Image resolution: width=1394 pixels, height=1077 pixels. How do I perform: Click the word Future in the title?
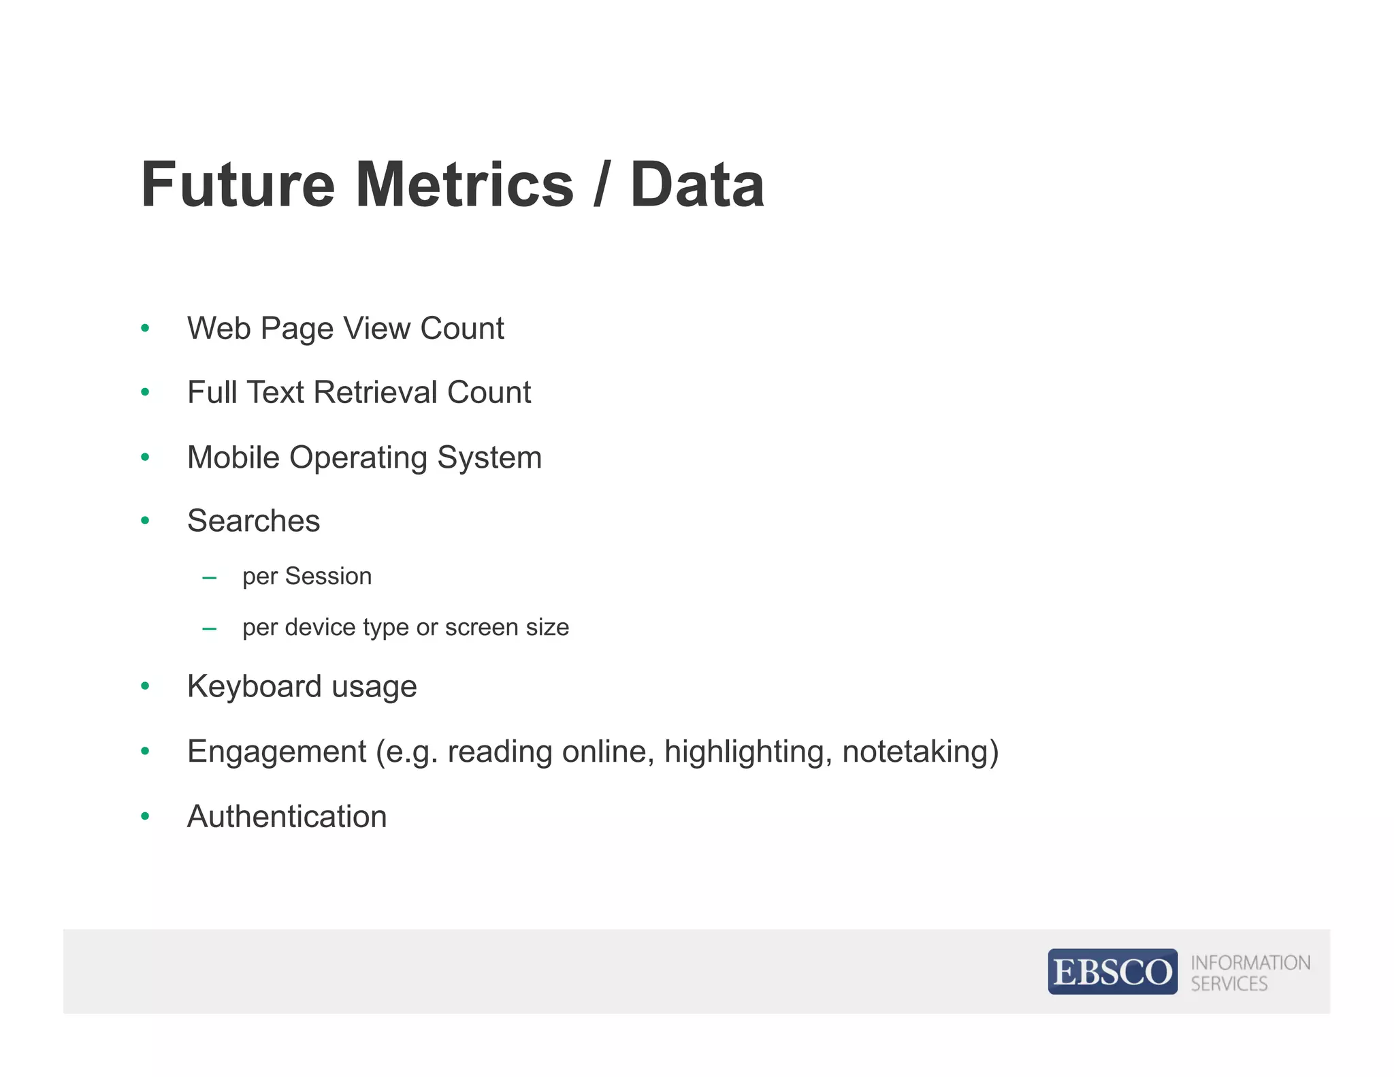[238, 184]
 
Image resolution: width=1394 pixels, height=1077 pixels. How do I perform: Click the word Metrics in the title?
[465, 184]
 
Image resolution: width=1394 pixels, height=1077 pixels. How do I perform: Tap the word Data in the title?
[697, 184]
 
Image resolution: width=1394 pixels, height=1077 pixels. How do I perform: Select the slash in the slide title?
[600, 184]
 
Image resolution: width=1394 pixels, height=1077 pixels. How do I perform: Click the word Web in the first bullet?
[218, 328]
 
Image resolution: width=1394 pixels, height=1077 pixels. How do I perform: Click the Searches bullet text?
[253, 521]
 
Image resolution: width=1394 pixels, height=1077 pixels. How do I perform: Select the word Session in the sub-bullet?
[328, 576]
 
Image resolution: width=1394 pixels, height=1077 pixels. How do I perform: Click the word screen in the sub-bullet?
[475, 627]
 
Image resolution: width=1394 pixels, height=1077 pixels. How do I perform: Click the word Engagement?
[276, 752]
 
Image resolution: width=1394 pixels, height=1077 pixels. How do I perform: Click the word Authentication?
[287, 816]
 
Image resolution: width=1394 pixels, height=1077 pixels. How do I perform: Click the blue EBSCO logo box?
[1112, 971]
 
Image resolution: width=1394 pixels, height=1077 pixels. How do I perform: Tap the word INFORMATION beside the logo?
[1250, 963]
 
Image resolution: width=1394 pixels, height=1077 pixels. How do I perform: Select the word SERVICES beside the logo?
[1229, 984]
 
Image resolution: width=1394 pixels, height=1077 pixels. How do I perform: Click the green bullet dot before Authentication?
[145, 816]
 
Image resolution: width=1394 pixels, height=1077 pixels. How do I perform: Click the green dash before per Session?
[210, 578]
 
